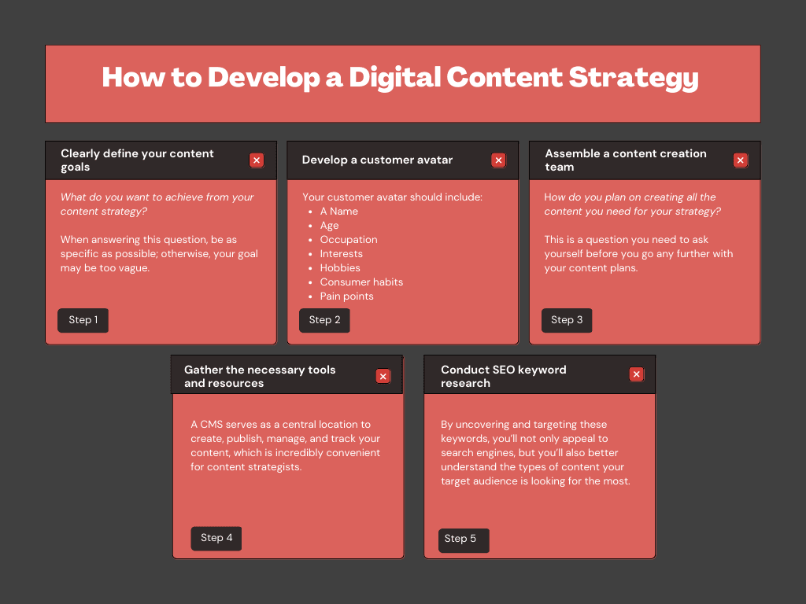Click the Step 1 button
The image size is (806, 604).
[x=83, y=320]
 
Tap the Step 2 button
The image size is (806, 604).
[x=324, y=320]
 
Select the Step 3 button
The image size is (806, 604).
[x=567, y=320]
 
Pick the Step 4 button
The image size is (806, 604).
[x=216, y=538]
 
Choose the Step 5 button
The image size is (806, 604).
[x=464, y=540]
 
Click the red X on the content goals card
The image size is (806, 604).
[x=257, y=160]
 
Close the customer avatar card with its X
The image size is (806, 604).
[x=498, y=160]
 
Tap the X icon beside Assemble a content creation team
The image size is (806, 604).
[x=740, y=160]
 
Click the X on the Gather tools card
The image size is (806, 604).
[x=383, y=377]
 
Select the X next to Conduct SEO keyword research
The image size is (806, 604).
[x=636, y=374]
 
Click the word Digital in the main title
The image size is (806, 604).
[x=394, y=78]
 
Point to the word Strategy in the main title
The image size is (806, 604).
[x=634, y=78]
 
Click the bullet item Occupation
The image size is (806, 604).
[x=349, y=239]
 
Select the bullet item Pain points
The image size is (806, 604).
[x=346, y=296]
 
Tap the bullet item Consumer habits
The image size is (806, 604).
[x=361, y=282]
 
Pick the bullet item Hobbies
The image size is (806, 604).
[x=340, y=267]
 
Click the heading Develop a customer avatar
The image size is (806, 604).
[x=377, y=160]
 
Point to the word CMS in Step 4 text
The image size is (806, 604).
[x=211, y=424]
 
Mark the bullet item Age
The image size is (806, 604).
[x=329, y=226]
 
